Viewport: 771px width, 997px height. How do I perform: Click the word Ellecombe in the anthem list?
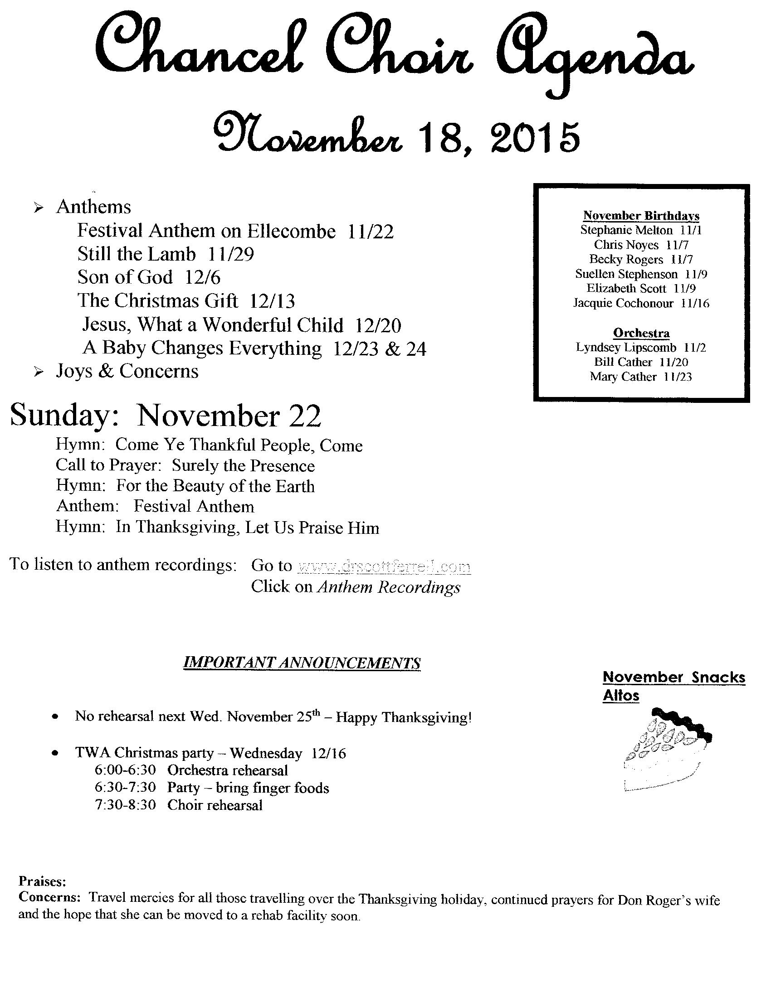coord(292,231)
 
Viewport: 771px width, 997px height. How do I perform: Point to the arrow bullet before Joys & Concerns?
coord(39,373)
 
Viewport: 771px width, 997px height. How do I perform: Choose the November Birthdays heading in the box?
coord(641,215)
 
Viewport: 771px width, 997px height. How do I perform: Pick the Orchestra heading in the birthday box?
coord(641,333)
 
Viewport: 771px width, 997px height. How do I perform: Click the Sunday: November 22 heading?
coord(166,416)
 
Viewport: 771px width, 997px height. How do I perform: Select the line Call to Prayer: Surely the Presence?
coord(185,465)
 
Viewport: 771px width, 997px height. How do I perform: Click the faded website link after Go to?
coord(384,566)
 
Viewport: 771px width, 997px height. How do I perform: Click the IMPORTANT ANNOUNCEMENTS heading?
coord(302,663)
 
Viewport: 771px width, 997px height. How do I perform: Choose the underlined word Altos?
coord(621,696)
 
